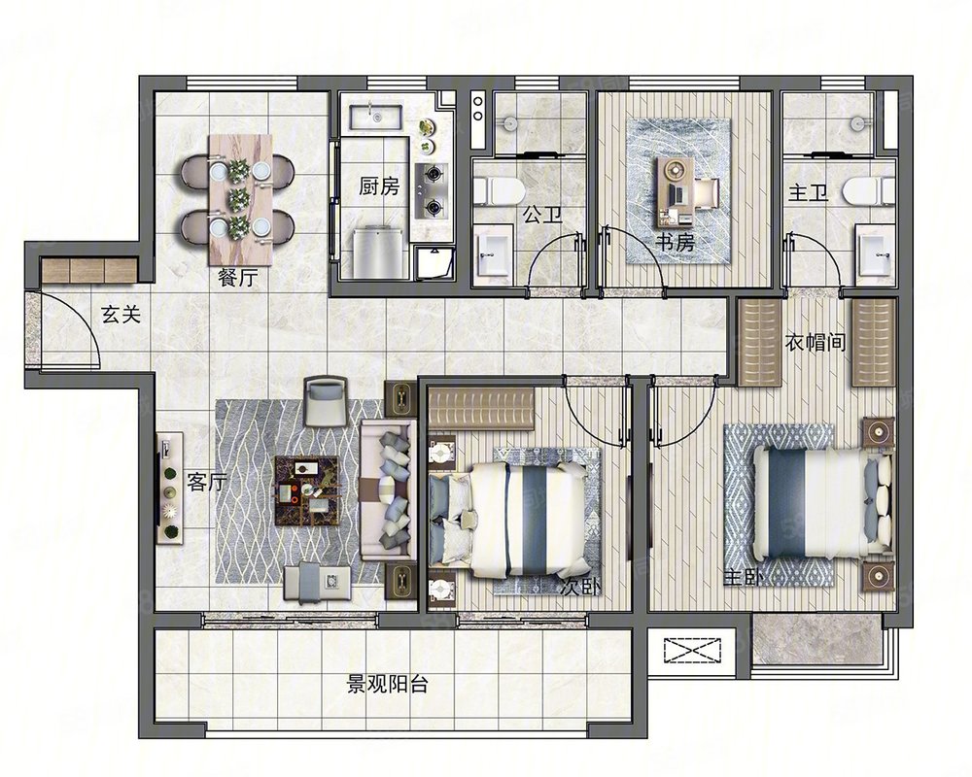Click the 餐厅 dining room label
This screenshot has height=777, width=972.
click(x=238, y=278)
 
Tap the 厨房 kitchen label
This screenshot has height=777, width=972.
click(x=379, y=186)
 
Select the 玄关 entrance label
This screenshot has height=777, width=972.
click(x=121, y=315)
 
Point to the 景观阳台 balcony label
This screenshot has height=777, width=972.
click(x=387, y=685)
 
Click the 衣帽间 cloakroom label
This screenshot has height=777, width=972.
click(x=816, y=342)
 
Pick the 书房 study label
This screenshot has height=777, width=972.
click(x=676, y=242)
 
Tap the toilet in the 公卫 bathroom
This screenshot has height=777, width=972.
click(x=498, y=190)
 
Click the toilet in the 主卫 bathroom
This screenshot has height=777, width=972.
click(x=870, y=190)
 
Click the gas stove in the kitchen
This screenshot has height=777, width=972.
click(x=431, y=190)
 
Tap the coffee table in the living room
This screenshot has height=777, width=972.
click(x=307, y=490)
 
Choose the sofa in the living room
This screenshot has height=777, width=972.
click(x=389, y=490)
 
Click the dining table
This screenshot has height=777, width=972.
click(x=240, y=199)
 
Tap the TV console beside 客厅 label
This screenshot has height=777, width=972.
click(x=170, y=489)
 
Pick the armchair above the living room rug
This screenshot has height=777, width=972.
click(x=325, y=402)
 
